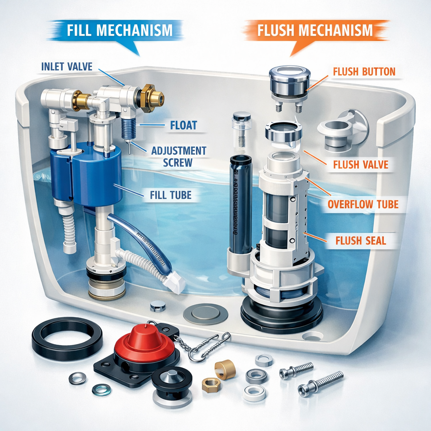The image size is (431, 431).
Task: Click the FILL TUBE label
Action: click(170, 195)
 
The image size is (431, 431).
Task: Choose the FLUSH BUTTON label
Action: click(364, 72)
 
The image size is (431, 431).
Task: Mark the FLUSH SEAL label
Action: click(361, 241)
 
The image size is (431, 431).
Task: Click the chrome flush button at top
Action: click(290, 80)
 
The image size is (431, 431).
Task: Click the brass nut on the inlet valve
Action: click(150, 98)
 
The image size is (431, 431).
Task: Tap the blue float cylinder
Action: click(86, 173)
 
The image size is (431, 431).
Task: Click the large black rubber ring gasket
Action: click(67, 338)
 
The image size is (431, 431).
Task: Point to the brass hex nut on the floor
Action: click(211, 385)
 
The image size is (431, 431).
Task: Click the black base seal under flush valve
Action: click(282, 314)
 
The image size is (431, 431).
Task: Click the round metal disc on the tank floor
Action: click(205, 314)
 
